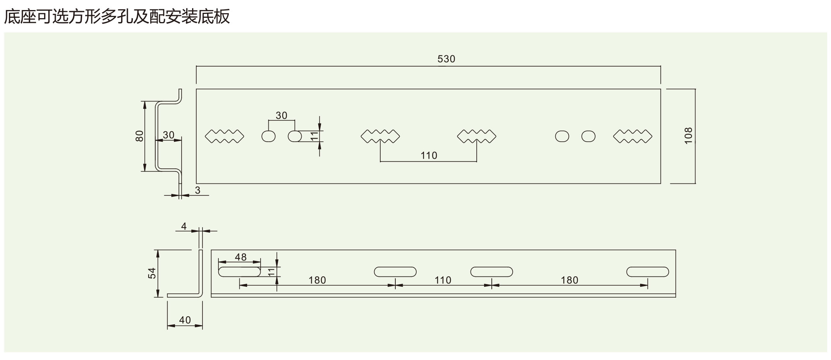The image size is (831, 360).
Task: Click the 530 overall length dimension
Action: coord(446,59)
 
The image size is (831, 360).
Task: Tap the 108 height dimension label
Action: coord(688,136)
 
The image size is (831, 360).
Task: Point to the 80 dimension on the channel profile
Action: coord(139,136)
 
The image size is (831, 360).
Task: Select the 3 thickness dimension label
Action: coord(197,190)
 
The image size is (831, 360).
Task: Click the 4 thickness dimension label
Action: coord(184,226)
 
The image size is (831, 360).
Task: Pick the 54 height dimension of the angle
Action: coord(152,273)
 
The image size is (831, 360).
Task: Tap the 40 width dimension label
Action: coord(185,320)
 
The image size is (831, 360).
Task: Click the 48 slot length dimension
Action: coord(240,257)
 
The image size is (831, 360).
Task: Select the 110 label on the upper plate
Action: coord(429,156)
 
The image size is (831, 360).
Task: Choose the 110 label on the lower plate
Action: coord(443,280)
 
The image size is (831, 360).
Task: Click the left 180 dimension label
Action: coord(317,280)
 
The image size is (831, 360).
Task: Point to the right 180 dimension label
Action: coord(569,280)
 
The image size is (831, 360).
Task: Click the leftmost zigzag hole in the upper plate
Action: coord(225,136)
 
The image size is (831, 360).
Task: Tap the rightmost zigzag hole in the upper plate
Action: coord(633,136)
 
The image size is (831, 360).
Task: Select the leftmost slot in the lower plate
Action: coord(240,272)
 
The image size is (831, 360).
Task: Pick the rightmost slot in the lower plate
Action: coord(648,272)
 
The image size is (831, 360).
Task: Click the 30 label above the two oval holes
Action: coord(282,115)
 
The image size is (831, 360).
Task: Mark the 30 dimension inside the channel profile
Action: coord(168,135)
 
